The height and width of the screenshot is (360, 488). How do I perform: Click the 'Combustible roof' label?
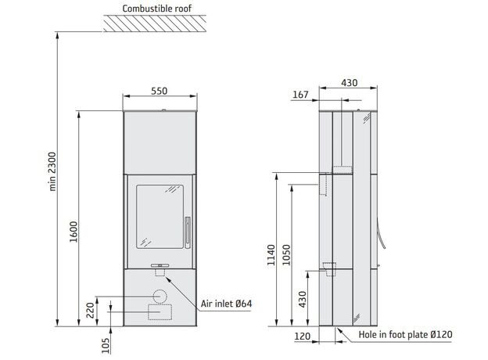click(x=157, y=9)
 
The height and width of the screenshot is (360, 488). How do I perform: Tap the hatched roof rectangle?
click(x=155, y=23)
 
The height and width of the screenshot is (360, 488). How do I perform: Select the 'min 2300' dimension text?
click(x=52, y=171)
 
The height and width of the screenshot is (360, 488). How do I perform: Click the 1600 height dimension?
click(x=74, y=232)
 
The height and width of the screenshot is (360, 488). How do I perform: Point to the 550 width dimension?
click(x=160, y=91)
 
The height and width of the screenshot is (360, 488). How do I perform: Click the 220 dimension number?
click(x=90, y=310)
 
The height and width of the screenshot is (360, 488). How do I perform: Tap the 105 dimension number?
click(x=106, y=346)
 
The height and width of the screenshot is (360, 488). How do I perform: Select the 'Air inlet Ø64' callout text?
click(x=226, y=304)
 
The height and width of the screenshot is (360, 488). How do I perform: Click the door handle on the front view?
click(x=188, y=232)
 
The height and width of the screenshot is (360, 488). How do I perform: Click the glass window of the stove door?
click(x=160, y=217)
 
